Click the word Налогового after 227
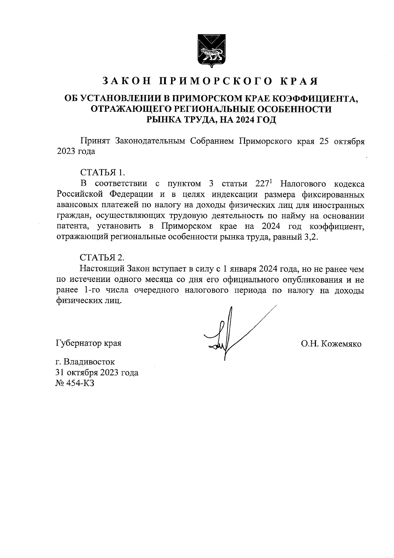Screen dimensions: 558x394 [x=303, y=183]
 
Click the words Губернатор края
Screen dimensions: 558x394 [x=89, y=343]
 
